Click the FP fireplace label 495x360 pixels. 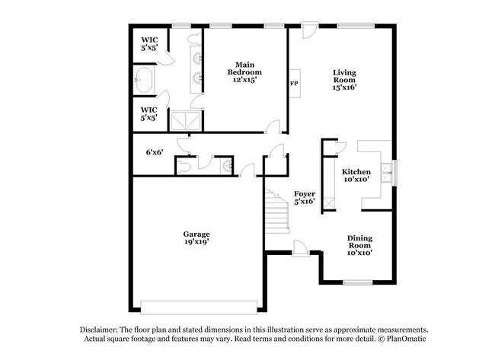pyautogui.click(x=294, y=84)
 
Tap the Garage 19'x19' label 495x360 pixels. pyautogui.click(x=196, y=238)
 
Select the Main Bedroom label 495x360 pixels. pyautogui.click(x=244, y=68)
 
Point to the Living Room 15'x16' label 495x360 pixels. pyautogui.click(x=344, y=80)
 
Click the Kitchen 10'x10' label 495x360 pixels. pyautogui.click(x=356, y=175)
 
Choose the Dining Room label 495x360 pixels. pyautogui.click(x=359, y=242)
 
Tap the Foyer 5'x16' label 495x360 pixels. pyautogui.click(x=305, y=198)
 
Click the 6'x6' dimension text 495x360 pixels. pyautogui.click(x=155, y=152)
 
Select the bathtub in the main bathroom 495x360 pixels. pyautogui.click(x=144, y=80)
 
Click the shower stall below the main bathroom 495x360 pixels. pyautogui.click(x=186, y=120)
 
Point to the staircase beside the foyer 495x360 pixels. pyautogui.click(x=277, y=211)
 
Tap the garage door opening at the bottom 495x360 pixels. pyautogui.click(x=199, y=307)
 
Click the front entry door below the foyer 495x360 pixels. pyautogui.click(x=300, y=249)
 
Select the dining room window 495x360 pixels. pyautogui.click(x=358, y=282)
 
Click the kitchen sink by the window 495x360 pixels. pyautogui.click(x=386, y=173)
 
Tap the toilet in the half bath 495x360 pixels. pyautogui.click(x=183, y=167)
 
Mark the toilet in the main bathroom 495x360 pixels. pyautogui.click(x=193, y=39)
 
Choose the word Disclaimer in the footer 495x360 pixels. pyautogui.click(x=99, y=330)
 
